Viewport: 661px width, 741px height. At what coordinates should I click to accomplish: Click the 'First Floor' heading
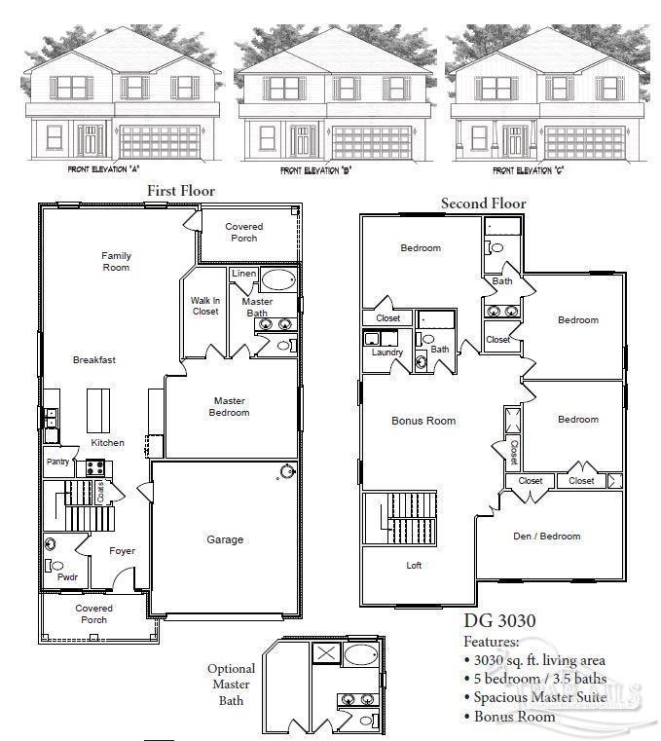[180, 191]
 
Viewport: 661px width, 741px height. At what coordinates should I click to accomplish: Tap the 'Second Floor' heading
[483, 204]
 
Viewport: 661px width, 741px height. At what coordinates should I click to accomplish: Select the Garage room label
[225, 539]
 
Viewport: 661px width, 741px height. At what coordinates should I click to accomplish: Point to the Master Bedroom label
[230, 406]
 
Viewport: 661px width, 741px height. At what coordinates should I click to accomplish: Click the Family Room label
[116, 261]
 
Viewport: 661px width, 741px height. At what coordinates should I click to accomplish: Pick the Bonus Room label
[423, 421]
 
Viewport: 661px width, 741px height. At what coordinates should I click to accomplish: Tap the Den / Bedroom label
[546, 536]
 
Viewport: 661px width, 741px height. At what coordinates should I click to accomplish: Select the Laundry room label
[386, 352]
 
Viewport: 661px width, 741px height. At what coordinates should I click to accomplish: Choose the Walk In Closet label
[204, 306]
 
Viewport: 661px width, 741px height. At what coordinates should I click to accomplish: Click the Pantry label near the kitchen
[57, 462]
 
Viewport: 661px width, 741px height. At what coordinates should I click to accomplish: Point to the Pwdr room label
[67, 576]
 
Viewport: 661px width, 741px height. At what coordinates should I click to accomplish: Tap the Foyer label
[122, 551]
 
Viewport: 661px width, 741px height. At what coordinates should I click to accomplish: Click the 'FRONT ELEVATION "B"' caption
[315, 170]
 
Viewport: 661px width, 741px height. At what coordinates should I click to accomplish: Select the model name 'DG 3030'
[497, 622]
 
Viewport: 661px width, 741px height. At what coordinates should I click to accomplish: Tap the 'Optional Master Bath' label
[231, 685]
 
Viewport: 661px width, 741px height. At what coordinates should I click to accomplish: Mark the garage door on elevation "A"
[159, 142]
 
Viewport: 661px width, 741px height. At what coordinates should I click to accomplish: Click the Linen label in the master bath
[244, 274]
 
